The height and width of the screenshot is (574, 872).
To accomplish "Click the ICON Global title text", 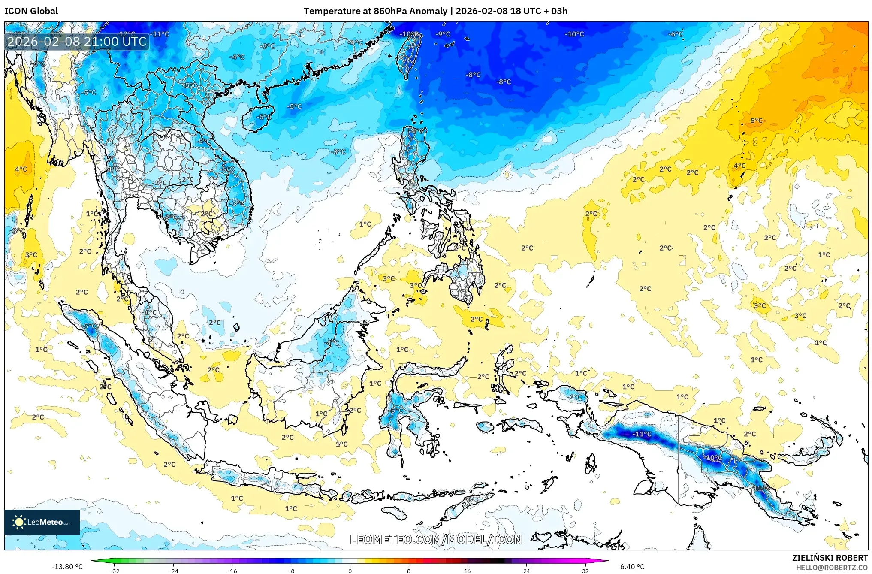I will click(31, 11).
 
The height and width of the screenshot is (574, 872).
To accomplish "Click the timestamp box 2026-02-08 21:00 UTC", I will click(77, 42).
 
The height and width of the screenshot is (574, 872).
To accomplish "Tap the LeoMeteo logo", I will click(42, 522).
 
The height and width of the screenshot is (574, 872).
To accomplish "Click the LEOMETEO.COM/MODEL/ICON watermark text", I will click(436, 539).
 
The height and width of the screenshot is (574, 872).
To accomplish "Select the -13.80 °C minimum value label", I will click(67, 567).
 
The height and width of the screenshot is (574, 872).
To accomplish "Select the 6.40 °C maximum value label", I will click(632, 567).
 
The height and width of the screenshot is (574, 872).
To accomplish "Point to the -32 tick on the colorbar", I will click(114, 571).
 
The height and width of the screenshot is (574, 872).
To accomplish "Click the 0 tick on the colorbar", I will click(350, 571).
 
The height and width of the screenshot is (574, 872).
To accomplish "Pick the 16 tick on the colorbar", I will click(467, 571).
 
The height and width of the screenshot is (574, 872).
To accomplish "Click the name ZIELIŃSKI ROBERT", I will click(830, 558).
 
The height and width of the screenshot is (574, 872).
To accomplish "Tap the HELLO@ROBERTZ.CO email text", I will click(832, 568).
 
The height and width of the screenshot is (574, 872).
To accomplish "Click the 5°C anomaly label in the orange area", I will click(757, 121).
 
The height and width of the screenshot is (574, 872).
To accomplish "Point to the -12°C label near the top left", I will click(127, 34).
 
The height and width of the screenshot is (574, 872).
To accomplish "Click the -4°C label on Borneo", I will click(331, 343).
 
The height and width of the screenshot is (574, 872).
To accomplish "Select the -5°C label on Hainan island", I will click(264, 117).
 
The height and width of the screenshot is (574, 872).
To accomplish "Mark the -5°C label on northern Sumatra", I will click(89, 326).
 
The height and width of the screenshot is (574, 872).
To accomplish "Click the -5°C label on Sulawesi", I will click(396, 410).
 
